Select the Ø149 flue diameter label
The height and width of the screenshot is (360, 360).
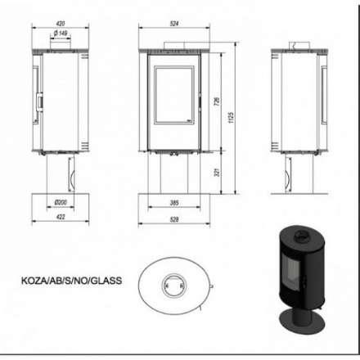click(x=59, y=34)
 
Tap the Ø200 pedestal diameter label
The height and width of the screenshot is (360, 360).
click(x=58, y=202)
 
